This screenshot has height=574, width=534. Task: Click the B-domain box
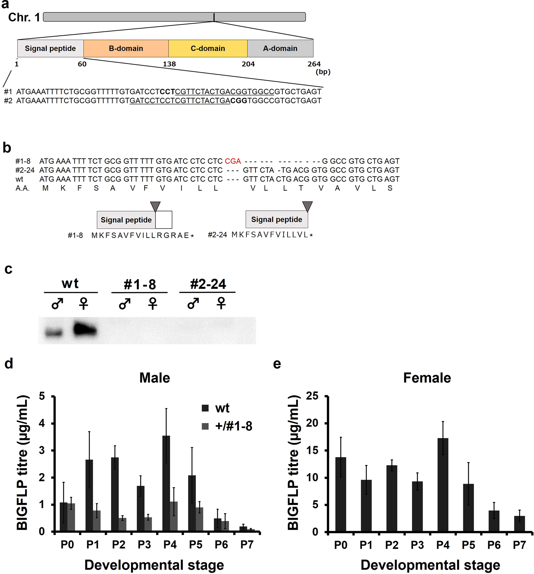coord(126,48)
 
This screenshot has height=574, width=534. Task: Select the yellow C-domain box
coord(208,48)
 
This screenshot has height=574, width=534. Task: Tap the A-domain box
coord(280,48)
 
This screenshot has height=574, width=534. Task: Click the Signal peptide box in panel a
coord(50,48)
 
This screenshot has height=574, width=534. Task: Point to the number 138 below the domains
coord(169,64)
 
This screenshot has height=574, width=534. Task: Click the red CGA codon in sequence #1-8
coord(233,161)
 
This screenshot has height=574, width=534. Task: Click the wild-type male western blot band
coord(54,333)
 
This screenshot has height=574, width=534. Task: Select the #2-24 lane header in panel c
coord(208,284)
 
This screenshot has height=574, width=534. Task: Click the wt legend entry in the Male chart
coord(216,408)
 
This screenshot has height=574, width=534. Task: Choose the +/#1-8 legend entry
coord(227,426)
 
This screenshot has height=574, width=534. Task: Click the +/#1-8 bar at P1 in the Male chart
coord(97,520)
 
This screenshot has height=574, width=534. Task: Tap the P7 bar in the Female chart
coord(519,523)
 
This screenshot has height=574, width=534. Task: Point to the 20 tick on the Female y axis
coord(312,423)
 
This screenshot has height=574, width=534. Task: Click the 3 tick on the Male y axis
coord(42,451)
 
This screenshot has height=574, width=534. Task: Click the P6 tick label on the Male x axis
coord(221,544)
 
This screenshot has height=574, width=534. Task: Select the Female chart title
coord(427,378)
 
